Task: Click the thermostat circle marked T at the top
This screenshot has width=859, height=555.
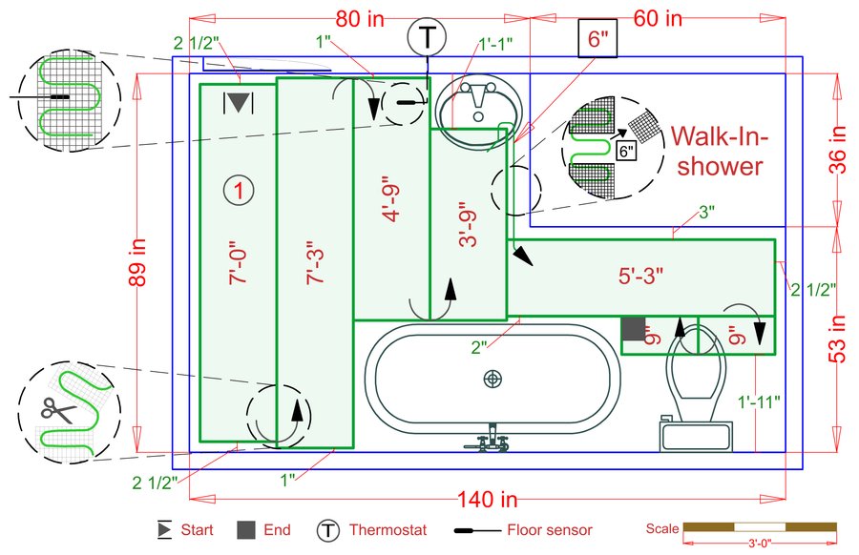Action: tap(427, 38)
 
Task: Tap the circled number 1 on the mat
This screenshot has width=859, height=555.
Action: tap(239, 191)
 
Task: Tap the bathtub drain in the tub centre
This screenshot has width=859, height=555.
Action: tap(492, 379)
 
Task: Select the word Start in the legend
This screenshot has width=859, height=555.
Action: tap(198, 530)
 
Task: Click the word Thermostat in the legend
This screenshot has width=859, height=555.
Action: tap(388, 530)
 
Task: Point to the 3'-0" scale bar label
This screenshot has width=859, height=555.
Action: tap(759, 545)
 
